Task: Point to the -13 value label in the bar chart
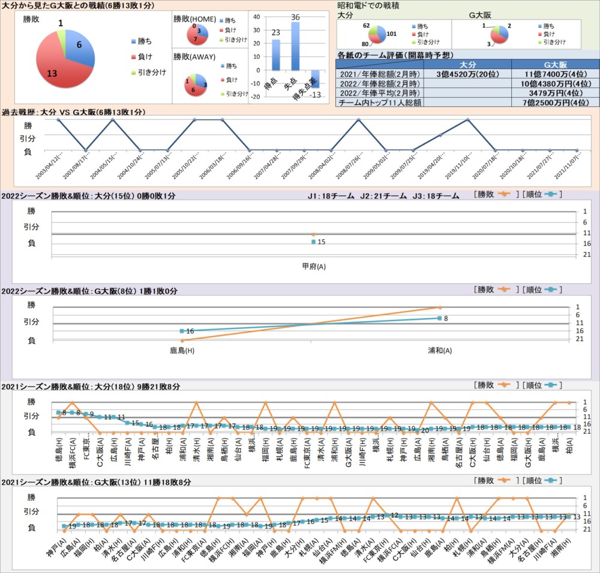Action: click(314, 95)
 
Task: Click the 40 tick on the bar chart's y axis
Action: click(257, 16)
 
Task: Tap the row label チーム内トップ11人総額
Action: click(380, 103)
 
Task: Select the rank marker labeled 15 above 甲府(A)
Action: click(313, 242)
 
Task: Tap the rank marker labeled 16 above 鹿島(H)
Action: click(182, 331)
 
